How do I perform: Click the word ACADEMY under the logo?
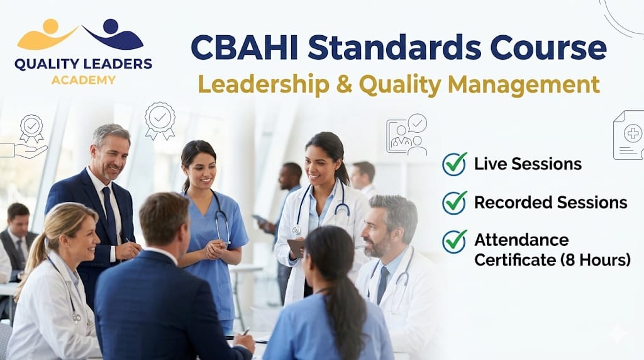[x=84, y=80]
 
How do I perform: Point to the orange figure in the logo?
[x=48, y=35]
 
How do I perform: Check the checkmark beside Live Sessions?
[x=454, y=164]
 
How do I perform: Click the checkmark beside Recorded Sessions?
[x=454, y=202]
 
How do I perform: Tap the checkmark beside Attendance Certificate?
[x=454, y=241]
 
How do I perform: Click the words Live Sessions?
[x=528, y=164]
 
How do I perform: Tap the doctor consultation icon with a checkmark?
[x=407, y=134]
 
